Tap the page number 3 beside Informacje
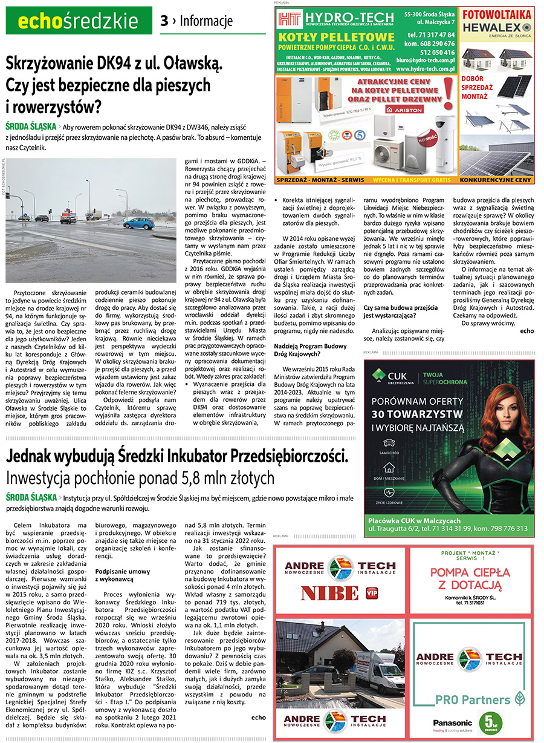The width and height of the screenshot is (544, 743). [x=164, y=22]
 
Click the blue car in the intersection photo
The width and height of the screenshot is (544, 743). [x=138, y=223]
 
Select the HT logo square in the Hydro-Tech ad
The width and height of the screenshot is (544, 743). [x=288, y=21]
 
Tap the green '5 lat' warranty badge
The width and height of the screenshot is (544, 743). [x=491, y=722]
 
